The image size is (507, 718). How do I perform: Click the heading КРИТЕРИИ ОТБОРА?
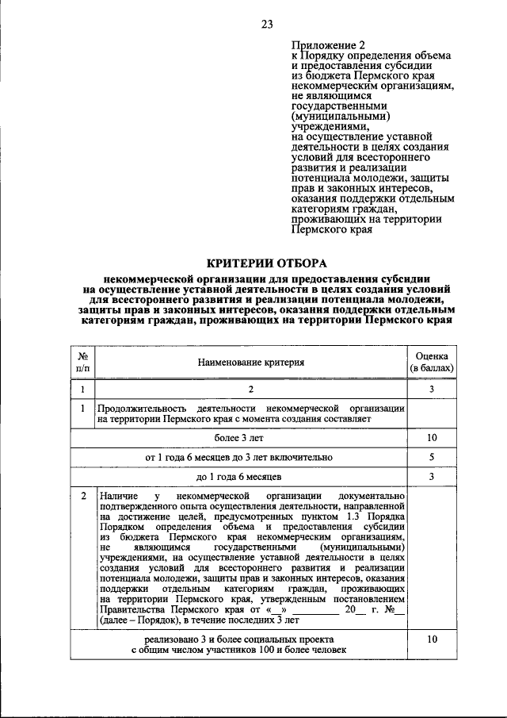[x=266, y=263]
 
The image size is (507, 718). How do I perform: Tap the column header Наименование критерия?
[x=251, y=362]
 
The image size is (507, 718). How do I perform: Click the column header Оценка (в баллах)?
[x=433, y=362]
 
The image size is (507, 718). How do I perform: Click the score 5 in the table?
[x=433, y=457]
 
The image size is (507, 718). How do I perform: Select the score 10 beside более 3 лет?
[x=433, y=437]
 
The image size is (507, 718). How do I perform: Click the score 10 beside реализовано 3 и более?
[x=433, y=638]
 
